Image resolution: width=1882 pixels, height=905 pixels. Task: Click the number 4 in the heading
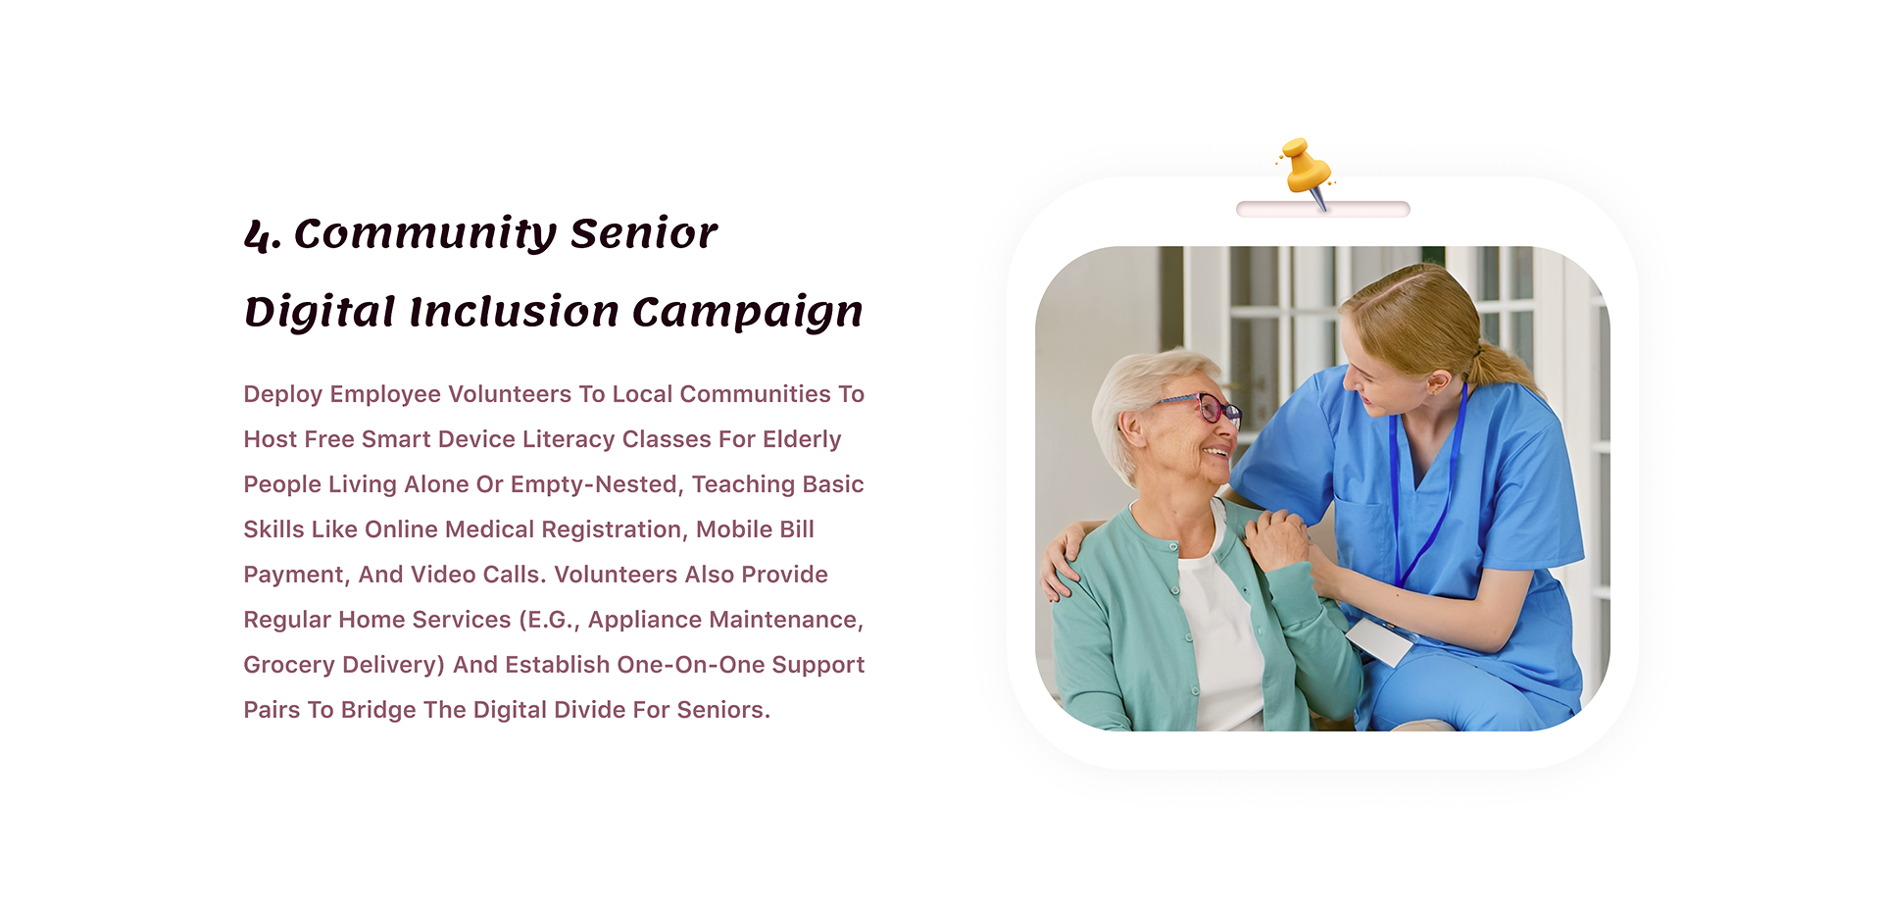click(x=258, y=235)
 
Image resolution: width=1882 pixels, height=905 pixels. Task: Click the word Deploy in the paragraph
click(x=282, y=394)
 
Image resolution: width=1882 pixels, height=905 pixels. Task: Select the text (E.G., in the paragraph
click(x=549, y=621)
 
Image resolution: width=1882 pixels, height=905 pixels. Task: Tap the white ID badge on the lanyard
click(x=1378, y=641)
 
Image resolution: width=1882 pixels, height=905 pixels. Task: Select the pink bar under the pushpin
click(x=1323, y=209)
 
